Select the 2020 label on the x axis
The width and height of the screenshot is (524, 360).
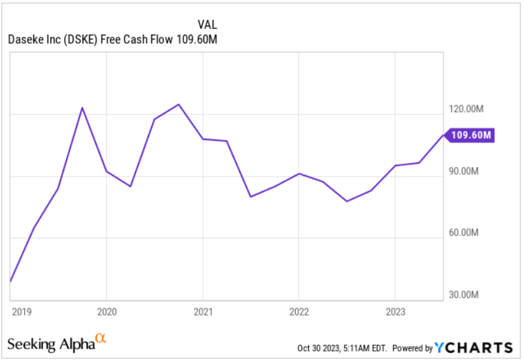click(x=107, y=312)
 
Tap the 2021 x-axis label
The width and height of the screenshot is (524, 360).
click(x=203, y=312)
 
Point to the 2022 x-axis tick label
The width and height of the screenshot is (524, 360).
click(x=299, y=312)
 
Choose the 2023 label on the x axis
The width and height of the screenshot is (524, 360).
click(x=395, y=312)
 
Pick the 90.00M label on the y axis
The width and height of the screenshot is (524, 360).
click(x=466, y=171)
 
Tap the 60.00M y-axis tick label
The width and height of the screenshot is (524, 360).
click(x=466, y=233)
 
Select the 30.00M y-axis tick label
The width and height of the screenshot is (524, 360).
click(x=466, y=295)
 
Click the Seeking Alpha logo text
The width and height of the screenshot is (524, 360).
click(x=50, y=343)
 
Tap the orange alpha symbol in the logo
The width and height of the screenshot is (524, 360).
click(x=100, y=338)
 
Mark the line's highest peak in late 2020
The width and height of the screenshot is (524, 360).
click(x=179, y=104)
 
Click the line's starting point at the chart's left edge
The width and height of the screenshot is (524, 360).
click(x=10, y=281)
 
